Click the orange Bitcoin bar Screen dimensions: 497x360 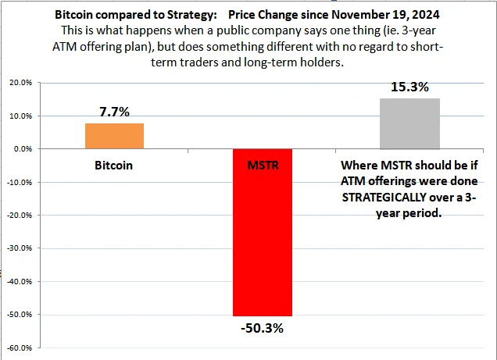coord(114,136)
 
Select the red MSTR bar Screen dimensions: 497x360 coord(263,232)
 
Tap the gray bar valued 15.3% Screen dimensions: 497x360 coord(409,123)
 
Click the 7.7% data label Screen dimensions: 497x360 coord(114,112)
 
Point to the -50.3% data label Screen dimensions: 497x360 coord(262,328)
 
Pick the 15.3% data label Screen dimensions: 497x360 coord(409,87)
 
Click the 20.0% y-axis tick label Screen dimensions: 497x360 coord(21,83)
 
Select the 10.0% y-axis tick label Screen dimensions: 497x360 coord(21,116)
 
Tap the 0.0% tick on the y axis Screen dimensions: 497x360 coord(23,149)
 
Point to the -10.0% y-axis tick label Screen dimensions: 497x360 coord(20,183)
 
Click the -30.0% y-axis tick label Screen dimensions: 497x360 coord(20,248)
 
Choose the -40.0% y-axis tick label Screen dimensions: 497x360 coord(20,281)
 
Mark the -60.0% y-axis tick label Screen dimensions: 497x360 coord(20,348)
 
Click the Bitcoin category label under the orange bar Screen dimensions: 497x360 coord(113,166)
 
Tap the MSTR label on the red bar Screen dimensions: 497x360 coord(263,166)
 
